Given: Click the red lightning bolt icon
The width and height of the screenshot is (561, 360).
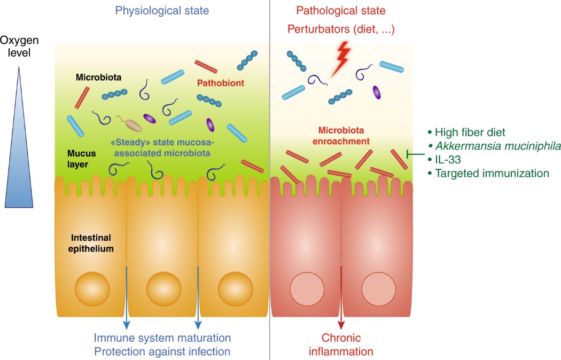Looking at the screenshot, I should coord(341,57).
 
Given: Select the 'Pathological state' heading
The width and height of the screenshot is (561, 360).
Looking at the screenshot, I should coord(340,10).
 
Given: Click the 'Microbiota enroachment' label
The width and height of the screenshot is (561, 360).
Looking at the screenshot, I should coord(344,136).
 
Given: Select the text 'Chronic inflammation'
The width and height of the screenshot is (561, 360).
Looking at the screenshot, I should coord(341,345).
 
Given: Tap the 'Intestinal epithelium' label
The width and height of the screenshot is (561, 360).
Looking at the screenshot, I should coord(90,242).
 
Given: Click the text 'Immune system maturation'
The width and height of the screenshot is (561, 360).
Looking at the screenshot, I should coord(162,338).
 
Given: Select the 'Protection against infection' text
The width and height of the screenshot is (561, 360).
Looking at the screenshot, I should coord(162,351).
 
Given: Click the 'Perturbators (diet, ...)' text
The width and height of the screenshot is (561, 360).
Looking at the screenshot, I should coord(341,29).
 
